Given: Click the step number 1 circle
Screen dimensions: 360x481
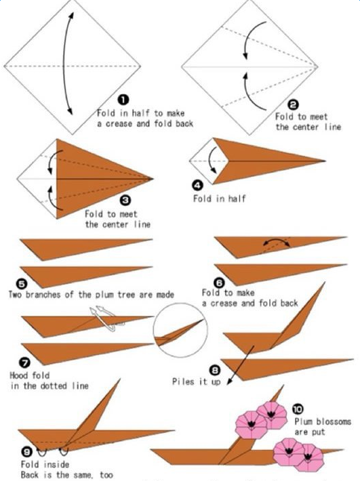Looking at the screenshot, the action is point(123,100).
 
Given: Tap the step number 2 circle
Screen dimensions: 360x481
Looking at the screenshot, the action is point(293,105).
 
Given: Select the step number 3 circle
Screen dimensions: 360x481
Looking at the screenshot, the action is point(125,201).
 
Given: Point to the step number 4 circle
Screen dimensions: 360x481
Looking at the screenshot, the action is point(198,185).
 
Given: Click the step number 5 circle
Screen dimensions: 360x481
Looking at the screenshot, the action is point(22,284).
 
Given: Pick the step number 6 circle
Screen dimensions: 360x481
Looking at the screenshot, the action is point(219,283).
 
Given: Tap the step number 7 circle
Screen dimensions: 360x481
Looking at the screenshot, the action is point(25,363).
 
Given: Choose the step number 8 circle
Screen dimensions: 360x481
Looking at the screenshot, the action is point(215,371).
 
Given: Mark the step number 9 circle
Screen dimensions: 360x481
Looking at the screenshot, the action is point(26,452).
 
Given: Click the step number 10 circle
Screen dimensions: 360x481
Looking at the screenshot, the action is point(298,409).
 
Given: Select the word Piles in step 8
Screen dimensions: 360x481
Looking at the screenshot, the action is point(183,381).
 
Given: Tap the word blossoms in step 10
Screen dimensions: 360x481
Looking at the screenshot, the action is point(334,421).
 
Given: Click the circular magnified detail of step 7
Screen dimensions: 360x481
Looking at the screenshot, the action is point(180,330).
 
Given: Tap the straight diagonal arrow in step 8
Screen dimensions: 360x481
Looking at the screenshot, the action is point(241,364).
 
